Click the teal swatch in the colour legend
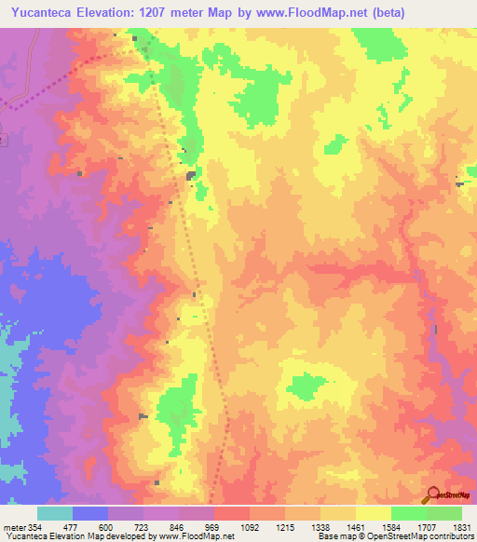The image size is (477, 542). (x=55, y=513)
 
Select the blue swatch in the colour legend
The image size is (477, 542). (x=90, y=513)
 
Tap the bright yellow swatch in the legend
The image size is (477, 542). (x=373, y=513)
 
